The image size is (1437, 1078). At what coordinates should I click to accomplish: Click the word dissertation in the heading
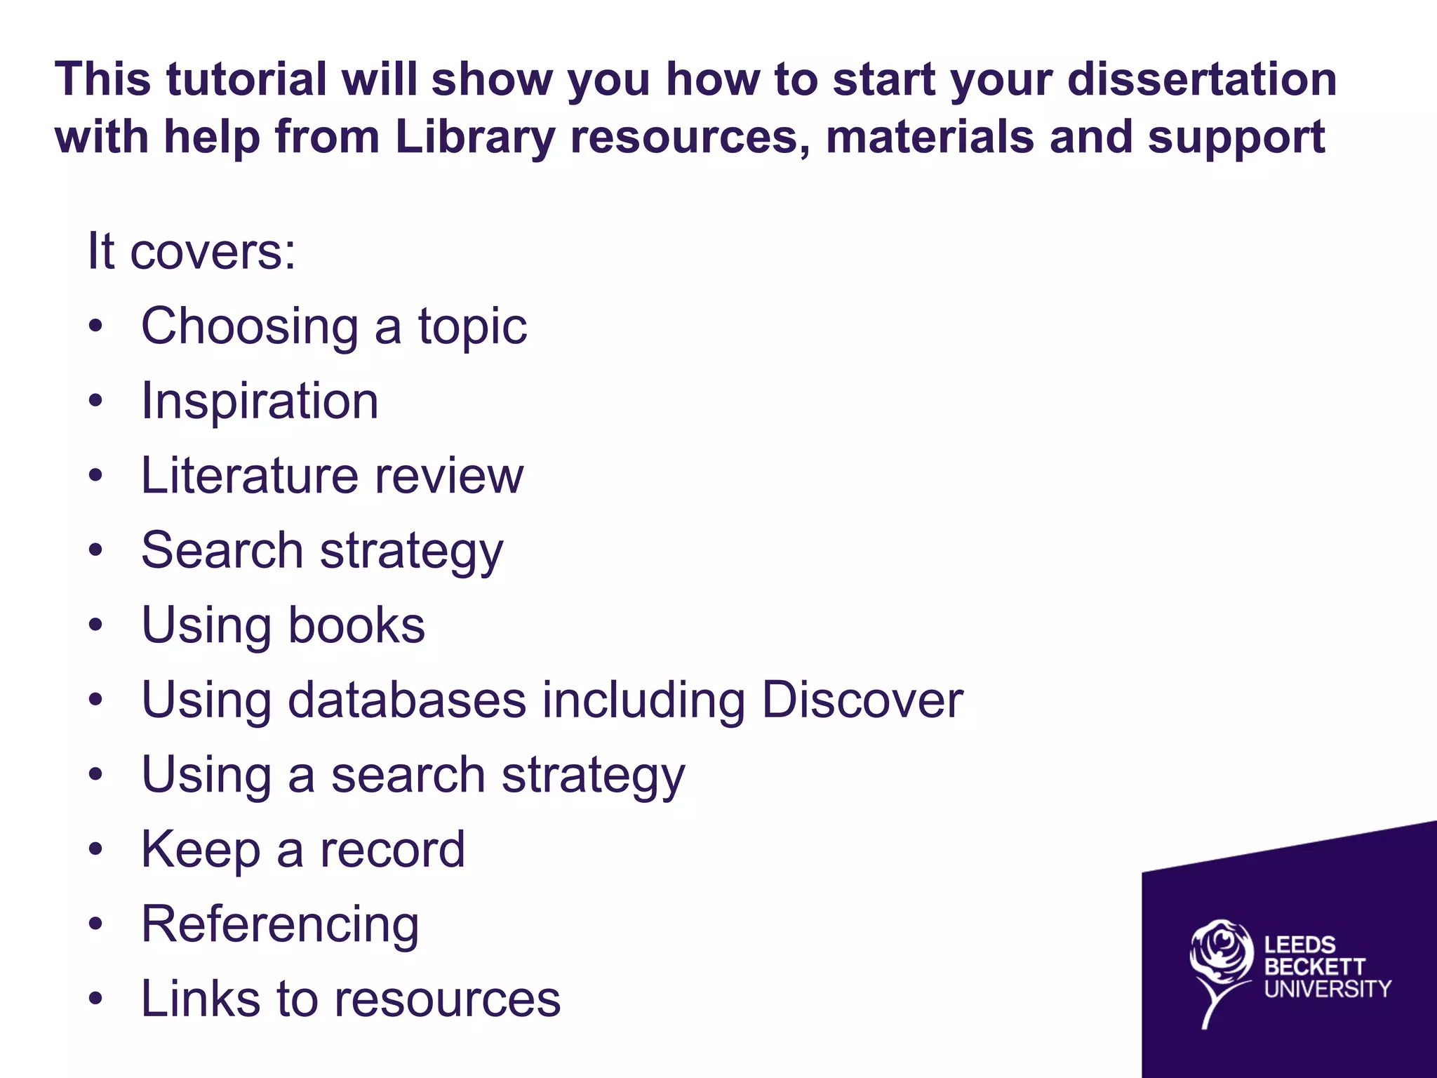(1201, 79)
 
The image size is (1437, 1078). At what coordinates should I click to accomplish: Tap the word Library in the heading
(474, 136)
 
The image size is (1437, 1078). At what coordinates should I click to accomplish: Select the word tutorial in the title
(246, 79)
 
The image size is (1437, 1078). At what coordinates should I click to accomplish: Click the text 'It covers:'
(191, 251)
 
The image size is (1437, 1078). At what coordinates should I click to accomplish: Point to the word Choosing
(250, 327)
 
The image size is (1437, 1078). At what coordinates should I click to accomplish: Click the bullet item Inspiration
(260, 401)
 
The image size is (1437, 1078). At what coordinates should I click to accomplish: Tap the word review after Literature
(449, 476)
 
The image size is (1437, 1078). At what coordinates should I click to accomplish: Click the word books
(356, 625)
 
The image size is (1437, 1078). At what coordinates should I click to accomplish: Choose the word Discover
(862, 700)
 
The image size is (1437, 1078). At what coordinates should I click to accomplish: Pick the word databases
(407, 700)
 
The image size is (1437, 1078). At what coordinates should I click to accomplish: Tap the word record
(392, 849)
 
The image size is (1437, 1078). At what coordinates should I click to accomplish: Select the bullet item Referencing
(280, 925)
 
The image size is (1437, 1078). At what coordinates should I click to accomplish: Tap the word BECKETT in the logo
(1314, 967)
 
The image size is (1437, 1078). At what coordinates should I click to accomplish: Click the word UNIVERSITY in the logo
(1327, 989)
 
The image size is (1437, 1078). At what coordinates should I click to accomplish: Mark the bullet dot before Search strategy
(95, 551)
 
